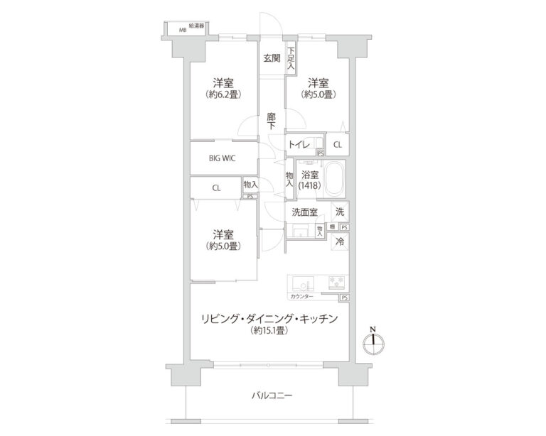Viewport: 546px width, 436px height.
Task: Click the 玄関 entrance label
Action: (x=272, y=58)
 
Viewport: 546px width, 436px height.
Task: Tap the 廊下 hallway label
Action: (x=272, y=120)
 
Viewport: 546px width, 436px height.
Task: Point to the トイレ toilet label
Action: (x=299, y=145)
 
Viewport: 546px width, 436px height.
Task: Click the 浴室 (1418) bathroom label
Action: (x=310, y=180)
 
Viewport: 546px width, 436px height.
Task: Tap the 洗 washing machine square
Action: (x=341, y=211)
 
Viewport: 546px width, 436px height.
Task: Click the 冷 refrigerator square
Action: (x=341, y=241)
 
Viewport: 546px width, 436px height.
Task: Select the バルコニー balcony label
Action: (x=272, y=396)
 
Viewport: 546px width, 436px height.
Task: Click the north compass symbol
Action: (x=373, y=344)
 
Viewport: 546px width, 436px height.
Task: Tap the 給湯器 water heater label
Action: (x=196, y=26)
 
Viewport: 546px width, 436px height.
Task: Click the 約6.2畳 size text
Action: (x=222, y=94)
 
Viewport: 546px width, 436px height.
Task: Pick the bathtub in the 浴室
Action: (x=333, y=180)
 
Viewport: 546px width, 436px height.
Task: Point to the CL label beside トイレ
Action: (x=337, y=145)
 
